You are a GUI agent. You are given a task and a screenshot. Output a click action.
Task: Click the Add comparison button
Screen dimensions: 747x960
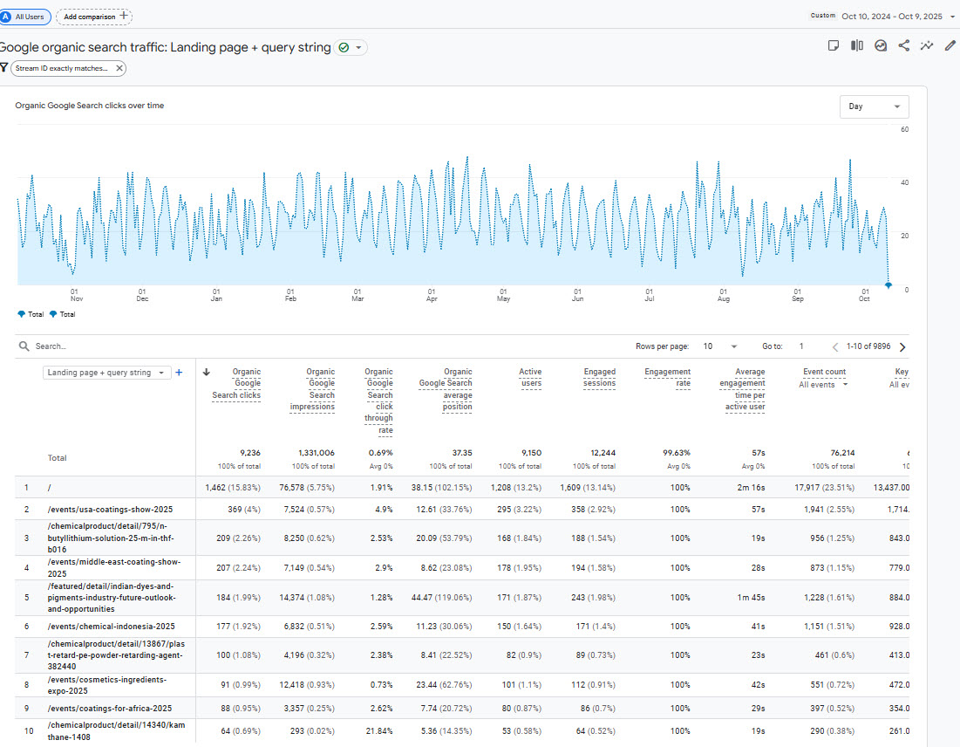(x=94, y=16)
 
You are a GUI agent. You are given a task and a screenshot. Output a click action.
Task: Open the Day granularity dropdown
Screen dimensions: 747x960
(x=874, y=106)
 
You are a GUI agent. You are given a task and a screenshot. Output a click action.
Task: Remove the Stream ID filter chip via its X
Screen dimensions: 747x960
(x=119, y=68)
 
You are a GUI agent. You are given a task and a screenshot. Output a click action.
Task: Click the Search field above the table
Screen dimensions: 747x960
(x=174, y=346)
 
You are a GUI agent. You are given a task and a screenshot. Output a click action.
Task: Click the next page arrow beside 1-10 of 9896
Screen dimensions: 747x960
(x=902, y=346)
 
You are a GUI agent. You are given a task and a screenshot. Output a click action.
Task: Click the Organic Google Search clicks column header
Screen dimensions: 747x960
(x=236, y=383)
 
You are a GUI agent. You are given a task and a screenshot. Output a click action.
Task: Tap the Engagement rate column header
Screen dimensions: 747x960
(x=668, y=377)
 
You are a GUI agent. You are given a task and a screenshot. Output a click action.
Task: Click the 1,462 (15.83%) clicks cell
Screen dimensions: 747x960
(x=233, y=487)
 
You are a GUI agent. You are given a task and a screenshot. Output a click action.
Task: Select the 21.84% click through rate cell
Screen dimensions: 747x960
(x=379, y=730)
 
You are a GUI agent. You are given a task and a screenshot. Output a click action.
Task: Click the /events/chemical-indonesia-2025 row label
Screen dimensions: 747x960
(x=100, y=627)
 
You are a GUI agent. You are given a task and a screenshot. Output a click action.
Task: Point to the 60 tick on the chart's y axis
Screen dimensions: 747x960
(x=905, y=129)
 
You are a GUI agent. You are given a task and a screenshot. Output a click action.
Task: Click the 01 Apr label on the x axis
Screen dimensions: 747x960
(x=432, y=295)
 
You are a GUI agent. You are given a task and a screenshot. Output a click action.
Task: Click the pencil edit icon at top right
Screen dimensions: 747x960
(x=950, y=46)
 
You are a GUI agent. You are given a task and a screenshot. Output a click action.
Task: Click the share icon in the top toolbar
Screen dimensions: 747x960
(x=903, y=46)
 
